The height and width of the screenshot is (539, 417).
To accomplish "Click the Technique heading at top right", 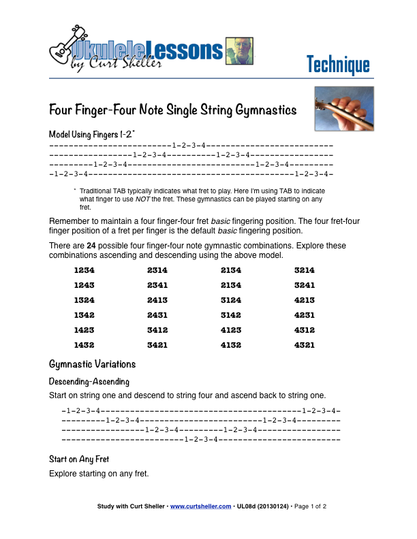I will click(338, 65).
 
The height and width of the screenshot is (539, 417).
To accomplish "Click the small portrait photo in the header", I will click(238, 50).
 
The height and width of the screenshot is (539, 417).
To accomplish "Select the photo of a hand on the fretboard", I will click(343, 108).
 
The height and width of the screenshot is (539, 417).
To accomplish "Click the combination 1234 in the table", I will click(84, 270).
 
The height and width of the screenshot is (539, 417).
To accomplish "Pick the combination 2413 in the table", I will click(158, 300).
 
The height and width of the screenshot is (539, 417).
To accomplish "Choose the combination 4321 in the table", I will click(304, 345).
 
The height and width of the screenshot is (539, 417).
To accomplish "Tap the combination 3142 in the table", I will click(231, 315).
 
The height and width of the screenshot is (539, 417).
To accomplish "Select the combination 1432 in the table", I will click(84, 345).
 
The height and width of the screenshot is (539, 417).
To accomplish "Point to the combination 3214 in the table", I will click(304, 270).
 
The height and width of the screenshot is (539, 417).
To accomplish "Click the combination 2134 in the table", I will click(231, 270).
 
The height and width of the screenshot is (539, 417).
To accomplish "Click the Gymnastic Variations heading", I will click(93, 364).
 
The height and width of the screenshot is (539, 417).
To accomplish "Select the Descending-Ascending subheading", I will click(89, 381).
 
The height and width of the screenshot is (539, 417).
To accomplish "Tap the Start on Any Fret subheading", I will click(79, 459).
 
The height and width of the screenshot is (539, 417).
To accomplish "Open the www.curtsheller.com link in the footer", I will click(200, 506).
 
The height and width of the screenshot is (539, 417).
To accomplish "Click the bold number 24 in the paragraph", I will click(91, 246).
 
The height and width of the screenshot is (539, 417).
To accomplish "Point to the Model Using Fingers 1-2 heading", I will click(92, 134).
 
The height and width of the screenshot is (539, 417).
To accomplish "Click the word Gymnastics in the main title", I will click(262, 110).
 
